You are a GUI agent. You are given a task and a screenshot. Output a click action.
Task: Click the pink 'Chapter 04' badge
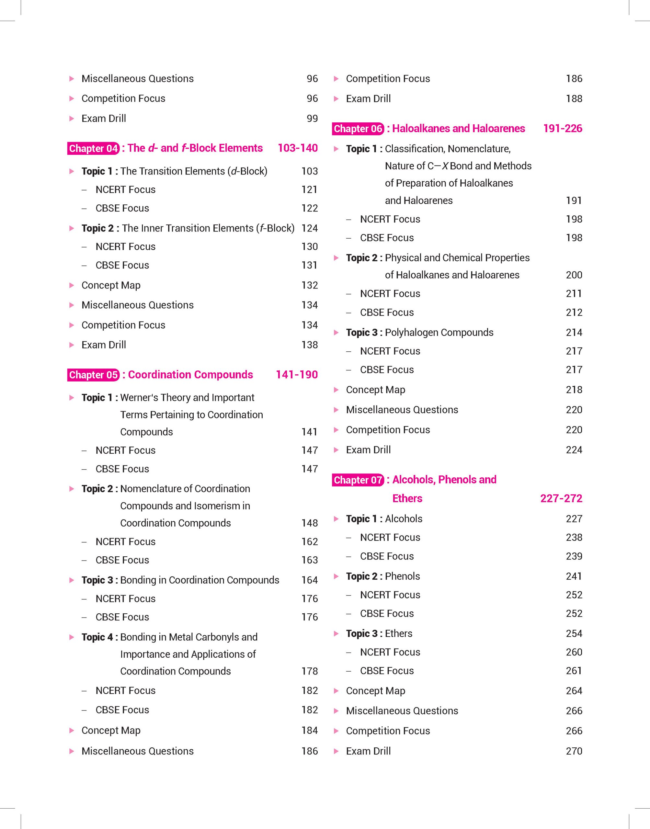[94, 148]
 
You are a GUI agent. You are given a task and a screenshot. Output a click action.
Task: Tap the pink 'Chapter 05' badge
[94, 375]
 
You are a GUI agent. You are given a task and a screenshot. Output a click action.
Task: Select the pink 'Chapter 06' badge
[358, 129]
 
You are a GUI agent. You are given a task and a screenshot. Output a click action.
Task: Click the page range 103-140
[298, 148]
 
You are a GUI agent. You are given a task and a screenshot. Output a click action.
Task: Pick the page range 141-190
[296, 375]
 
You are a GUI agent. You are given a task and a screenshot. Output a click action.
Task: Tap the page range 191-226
[563, 129]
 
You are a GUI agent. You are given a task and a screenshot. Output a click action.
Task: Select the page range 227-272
[561, 498]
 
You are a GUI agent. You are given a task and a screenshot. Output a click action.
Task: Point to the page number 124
[309, 228]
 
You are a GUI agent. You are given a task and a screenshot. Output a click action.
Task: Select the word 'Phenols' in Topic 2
[402, 576]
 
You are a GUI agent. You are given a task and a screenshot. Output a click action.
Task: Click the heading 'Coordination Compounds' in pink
[190, 375]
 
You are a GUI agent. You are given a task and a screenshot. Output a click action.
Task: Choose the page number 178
[309, 671]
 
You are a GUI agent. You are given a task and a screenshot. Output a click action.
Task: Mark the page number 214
[574, 333]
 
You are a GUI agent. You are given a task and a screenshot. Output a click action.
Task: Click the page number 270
[574, 751]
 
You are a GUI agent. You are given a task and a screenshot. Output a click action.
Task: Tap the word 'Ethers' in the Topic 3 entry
[398, 633]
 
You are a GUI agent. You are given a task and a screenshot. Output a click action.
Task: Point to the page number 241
[574, 576]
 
